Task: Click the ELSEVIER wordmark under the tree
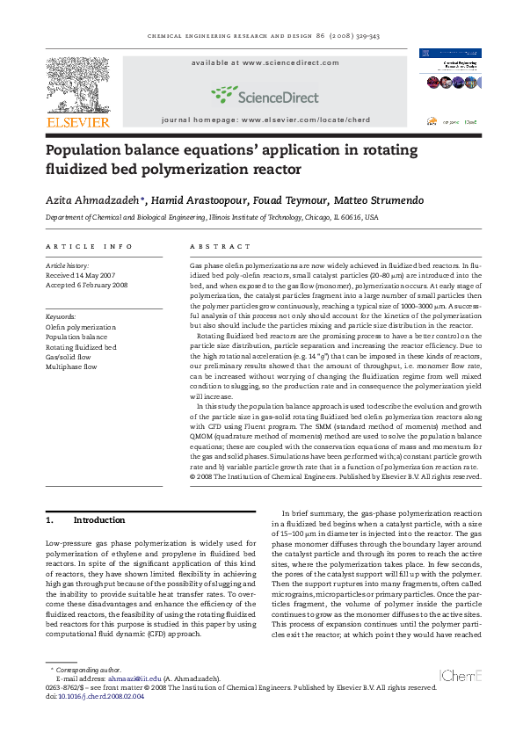tap(78, 122)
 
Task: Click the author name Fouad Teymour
tap(255, 200)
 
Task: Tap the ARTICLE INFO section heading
tap(90, 247)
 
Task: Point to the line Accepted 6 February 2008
tap(87, 285)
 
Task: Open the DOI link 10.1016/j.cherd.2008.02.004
tap(100, 696)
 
